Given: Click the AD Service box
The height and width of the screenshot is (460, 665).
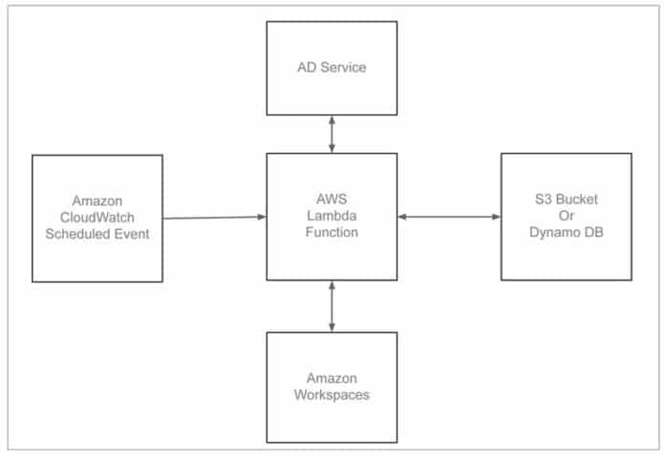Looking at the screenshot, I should [332, 67].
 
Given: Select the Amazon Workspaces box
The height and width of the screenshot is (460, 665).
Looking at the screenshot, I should [332, 387].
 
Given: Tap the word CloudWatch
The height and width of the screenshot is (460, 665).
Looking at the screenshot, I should [97, 218].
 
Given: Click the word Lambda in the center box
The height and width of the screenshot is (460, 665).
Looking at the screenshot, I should [332, 217].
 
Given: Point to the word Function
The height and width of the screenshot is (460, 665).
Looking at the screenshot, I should [332, 233].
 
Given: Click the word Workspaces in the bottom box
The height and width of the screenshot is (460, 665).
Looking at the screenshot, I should [332, 394].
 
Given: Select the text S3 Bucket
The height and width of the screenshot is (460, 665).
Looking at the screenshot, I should [567, 200].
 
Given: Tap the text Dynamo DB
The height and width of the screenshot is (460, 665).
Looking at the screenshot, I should [567, 233].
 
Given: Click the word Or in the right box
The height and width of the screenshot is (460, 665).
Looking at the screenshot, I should [567, 217].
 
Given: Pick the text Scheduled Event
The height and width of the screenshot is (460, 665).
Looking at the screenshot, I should [97, 234].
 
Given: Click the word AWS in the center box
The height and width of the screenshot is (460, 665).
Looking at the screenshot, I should [332, 200].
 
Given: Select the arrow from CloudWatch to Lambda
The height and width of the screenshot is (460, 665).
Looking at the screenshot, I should [214, 218].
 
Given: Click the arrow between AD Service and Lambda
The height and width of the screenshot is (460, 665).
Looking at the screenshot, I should [332, 135].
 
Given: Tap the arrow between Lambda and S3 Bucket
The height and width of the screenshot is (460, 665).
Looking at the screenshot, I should [449, 217].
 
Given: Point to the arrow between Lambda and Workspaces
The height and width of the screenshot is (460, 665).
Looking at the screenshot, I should [332, 305].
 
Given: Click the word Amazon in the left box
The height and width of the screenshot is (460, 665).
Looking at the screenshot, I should [97, 201].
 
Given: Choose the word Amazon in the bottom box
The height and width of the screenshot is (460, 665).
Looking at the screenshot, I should [332, 378].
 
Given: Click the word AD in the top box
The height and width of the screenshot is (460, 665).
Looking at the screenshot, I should [305, 68].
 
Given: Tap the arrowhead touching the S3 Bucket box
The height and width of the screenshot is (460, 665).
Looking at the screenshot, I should [496, 217].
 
